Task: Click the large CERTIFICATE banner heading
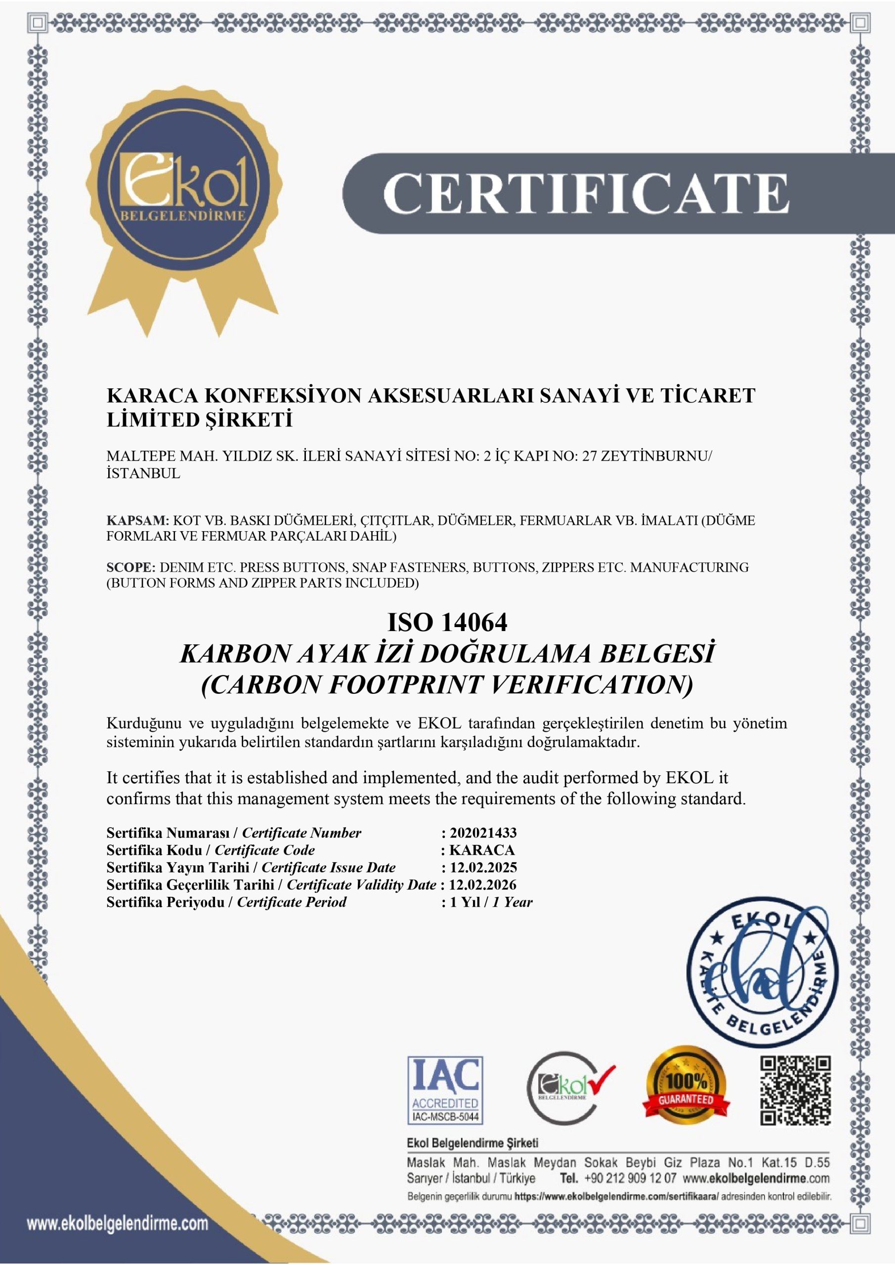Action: (x=586, y=193)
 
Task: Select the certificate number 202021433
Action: (x=483, y=833)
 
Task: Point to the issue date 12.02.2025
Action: (x=483, y=868)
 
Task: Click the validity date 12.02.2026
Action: (x=483, y=885)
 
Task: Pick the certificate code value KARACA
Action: (x=482, y=850)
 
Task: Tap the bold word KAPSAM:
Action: (x=137, y=521)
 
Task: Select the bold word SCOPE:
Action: (x=131, y=567)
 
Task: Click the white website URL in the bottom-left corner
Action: (x=118, y=1224)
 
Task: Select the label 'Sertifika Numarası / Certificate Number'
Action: (x=234, y=833)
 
